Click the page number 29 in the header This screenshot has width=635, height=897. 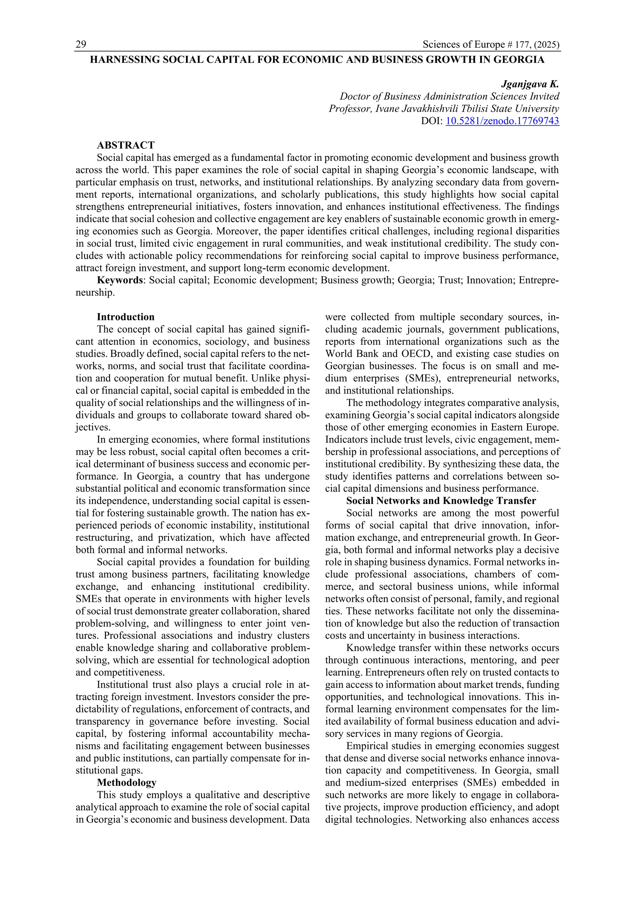[x=81, y=45]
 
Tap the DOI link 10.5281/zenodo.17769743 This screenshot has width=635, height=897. [x=502, y=121]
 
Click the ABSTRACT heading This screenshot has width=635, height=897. [x=126, y=145]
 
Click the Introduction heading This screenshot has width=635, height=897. [x=126, y=317]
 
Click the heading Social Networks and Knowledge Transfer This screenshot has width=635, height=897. [x=441, y=501]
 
